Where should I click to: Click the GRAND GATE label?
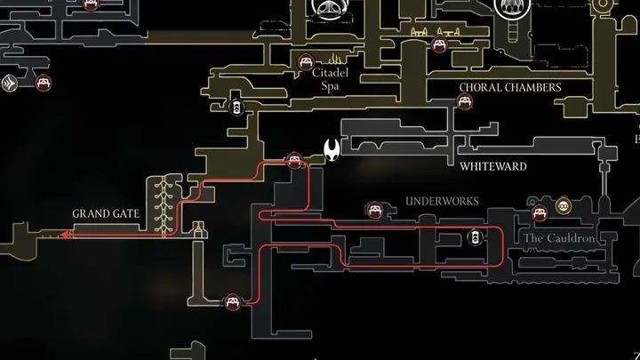coord(106,213)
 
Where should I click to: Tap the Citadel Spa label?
coord(330,79)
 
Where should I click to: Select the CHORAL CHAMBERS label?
coord(510,87)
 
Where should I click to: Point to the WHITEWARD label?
coord(493,166)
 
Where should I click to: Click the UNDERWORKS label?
coord(442,201)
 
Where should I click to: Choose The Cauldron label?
coord(559,238)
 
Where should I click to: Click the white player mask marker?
coord(332,150)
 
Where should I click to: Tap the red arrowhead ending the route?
coord(65,235)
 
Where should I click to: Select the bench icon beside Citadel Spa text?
coord(306,62)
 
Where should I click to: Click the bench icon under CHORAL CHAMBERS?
coord(465,101)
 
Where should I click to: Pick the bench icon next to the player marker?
coord(294,160)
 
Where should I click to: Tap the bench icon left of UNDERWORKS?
coord(375,210)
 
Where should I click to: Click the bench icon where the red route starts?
coord(233,302)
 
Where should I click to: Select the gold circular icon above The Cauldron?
coord(564,206)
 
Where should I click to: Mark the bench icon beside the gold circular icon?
coord(540,212)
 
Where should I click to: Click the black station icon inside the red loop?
coord(475,237)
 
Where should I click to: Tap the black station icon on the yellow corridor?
coord(236,108)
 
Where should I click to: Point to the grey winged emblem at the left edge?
coord(9,84)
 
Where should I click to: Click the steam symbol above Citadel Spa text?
coord(335,59)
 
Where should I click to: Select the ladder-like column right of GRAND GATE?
coord(164,206)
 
